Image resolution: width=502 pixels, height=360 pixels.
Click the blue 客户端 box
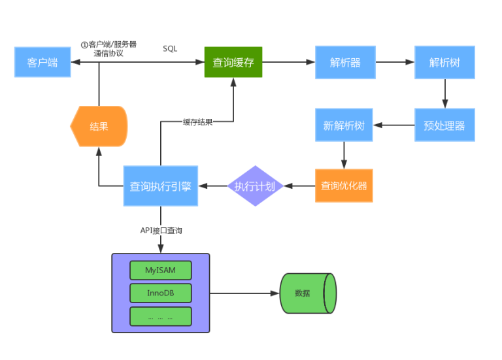click(42, 62)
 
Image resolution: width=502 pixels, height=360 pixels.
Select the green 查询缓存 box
click(233, 62)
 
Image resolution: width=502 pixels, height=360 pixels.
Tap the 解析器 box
click(344, 62)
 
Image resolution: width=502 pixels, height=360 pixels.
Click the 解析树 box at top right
click(444, 62)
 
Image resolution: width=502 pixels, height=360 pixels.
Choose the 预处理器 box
click(444, 125)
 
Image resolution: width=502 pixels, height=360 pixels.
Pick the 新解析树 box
click(344, 125)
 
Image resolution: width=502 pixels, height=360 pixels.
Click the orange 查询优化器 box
click(344, 186)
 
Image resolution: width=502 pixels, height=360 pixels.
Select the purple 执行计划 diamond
click(255, 186)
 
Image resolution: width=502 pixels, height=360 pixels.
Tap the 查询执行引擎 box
click(160, 186)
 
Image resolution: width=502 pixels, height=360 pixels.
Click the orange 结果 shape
click(99, 126)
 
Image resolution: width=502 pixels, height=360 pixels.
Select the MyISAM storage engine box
click(161, 270)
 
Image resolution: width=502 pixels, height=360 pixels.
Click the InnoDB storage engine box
click(161, 293)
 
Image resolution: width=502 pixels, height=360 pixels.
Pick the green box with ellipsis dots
click(161, 317)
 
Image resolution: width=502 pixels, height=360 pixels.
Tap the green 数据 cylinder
click(306, 293)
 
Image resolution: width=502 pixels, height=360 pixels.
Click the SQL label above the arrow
click(170, 48)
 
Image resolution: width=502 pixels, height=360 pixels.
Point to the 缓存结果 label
click(197, 122)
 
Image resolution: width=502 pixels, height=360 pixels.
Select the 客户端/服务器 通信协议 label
click(109, 49)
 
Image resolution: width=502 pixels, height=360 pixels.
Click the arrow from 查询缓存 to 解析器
click(288, 62)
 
